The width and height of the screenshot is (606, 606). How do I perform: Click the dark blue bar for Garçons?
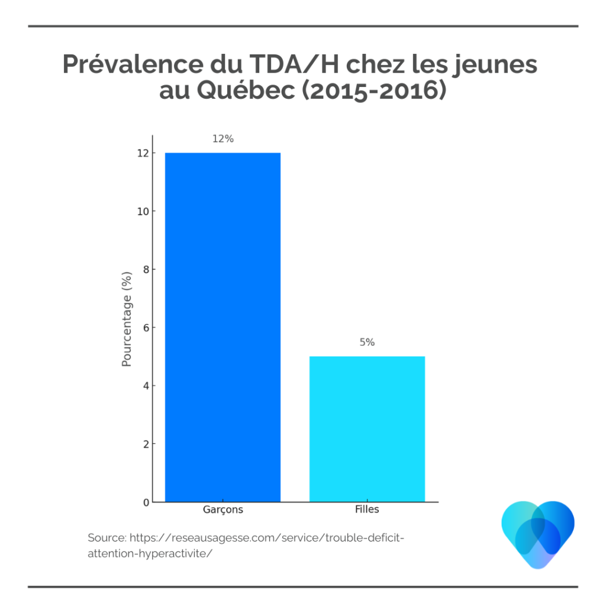223,327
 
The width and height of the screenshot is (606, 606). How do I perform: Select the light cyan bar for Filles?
367,429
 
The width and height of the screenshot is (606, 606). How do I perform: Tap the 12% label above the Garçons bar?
223,139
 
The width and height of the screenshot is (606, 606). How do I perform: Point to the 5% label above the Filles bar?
367,342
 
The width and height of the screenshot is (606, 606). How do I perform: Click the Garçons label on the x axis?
223,510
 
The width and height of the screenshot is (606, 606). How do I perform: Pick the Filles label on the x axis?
367,510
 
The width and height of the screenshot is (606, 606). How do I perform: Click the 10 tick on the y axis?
142,211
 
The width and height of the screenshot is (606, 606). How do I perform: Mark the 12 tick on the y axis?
142,153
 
